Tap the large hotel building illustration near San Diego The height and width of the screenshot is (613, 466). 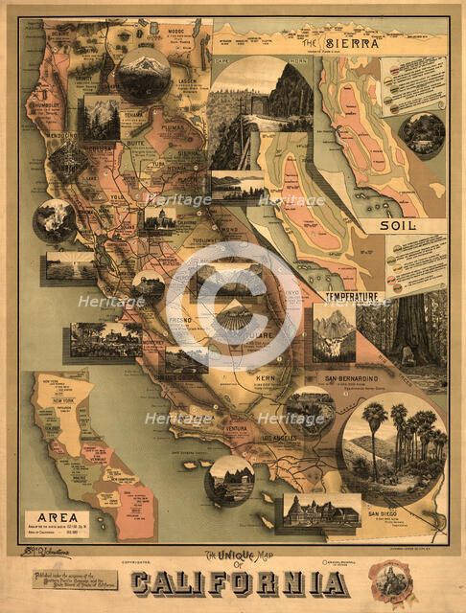click(x=317, y=514)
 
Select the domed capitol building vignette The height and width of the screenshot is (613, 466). click(x=158, y=220)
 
